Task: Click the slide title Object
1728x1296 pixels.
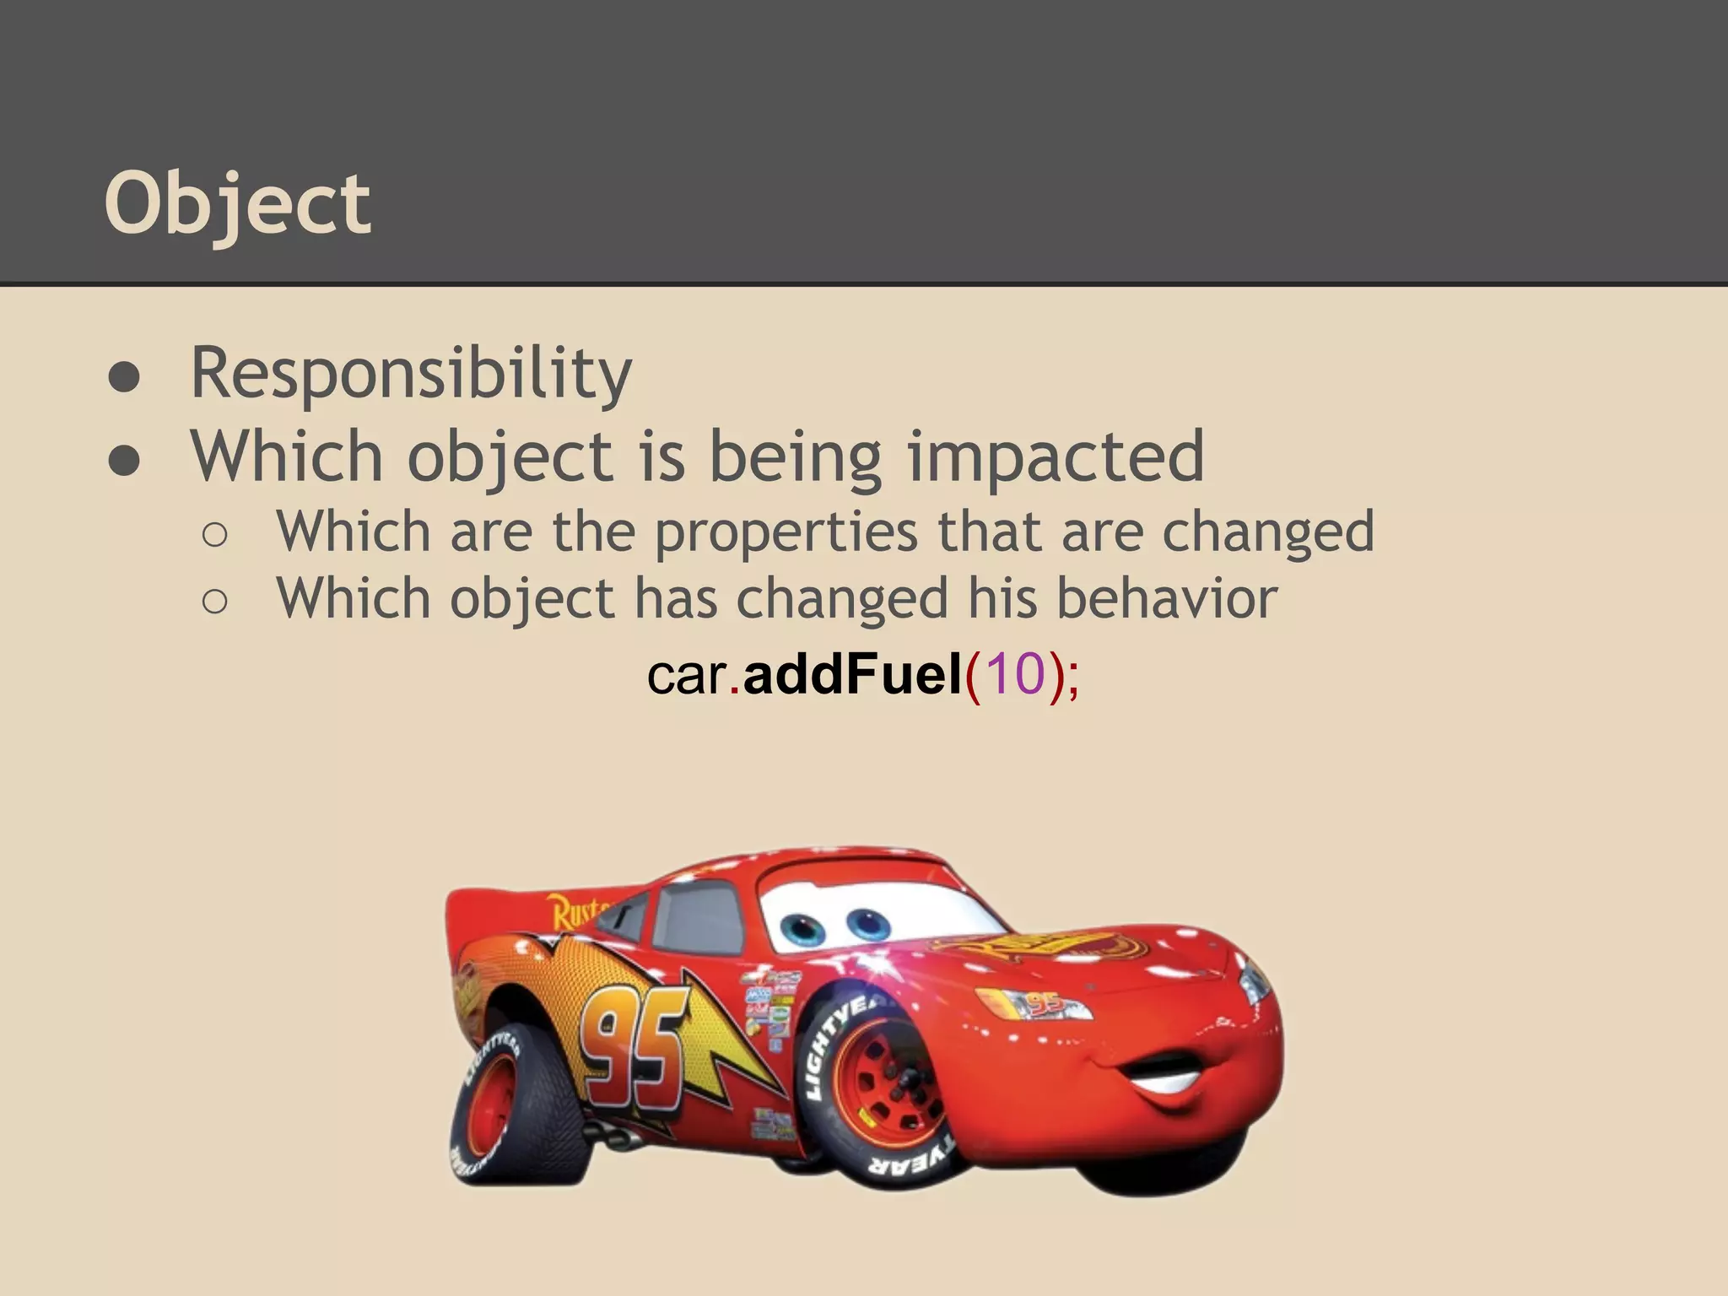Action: [237, 205]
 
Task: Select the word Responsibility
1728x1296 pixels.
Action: [411, 373]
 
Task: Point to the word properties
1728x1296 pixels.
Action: [786, 533]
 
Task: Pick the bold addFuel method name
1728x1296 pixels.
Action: [852, 675]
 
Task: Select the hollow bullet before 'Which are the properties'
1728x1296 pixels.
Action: [215, 535]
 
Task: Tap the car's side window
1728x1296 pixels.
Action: [696, 920]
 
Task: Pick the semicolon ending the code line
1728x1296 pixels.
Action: [1072, 677]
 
